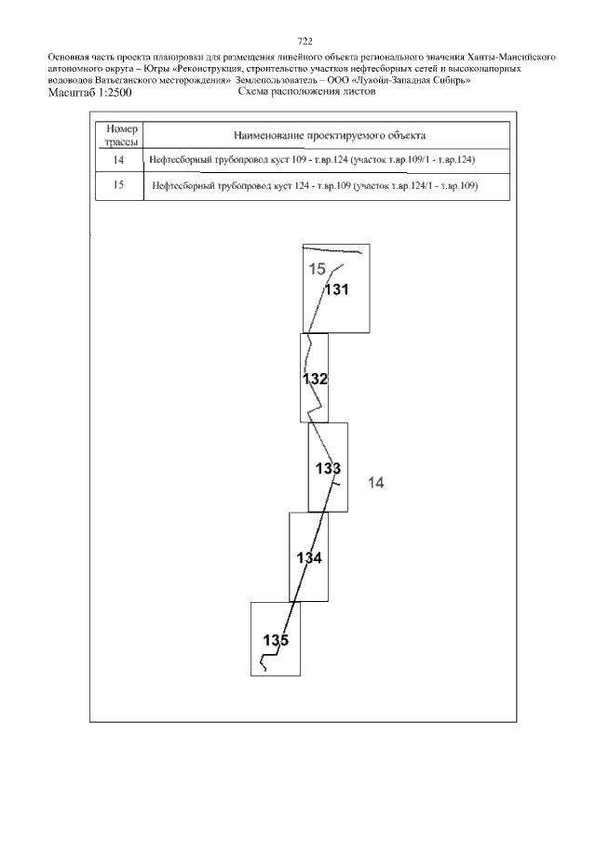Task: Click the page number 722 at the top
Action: point(305,41)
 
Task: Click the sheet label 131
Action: point(336,290)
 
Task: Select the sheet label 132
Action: point(315,379)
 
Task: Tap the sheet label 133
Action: point(328,469)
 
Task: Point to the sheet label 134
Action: point(309,558)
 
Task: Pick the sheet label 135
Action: point(276,640)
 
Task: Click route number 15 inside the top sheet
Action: point(317,269)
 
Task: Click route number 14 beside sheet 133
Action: point(375,483)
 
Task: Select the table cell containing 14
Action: point(119,160)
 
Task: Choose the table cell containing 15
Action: point(119,186)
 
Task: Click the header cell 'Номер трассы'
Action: point(122,135)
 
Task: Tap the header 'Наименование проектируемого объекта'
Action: point(330,135)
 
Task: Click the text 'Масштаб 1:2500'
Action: point(89,92)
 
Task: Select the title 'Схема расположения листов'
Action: point(306,91)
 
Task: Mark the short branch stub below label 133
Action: point(335,485)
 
